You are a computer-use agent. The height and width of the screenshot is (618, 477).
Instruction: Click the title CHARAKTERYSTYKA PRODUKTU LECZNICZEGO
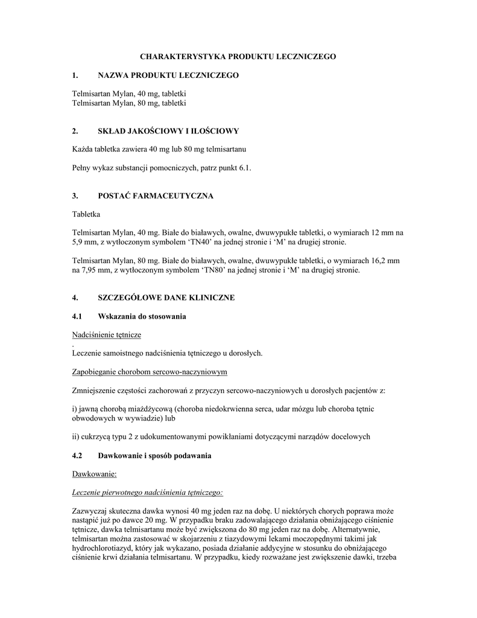pos(238,56)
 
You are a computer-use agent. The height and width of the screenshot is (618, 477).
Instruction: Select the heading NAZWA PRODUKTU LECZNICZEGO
pos(168,75)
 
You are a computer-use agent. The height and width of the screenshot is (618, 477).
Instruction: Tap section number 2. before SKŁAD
pos(75,131)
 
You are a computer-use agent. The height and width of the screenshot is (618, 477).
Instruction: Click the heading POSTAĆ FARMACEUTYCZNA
pos(156,196)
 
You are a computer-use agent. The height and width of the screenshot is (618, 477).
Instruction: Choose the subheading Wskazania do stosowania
pos(142,317)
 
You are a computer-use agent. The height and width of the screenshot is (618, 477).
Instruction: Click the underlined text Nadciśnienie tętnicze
pos(107,335)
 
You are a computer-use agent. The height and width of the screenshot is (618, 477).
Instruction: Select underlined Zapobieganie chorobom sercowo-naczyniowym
pos(150,372)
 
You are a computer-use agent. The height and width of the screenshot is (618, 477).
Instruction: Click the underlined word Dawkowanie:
pos(90,475)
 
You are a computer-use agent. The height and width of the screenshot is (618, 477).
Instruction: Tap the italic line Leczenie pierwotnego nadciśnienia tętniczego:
pos(147,493)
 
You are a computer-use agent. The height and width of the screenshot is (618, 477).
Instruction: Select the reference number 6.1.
pos(242,168)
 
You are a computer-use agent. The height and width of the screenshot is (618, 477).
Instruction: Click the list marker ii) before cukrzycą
pos(76,437)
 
